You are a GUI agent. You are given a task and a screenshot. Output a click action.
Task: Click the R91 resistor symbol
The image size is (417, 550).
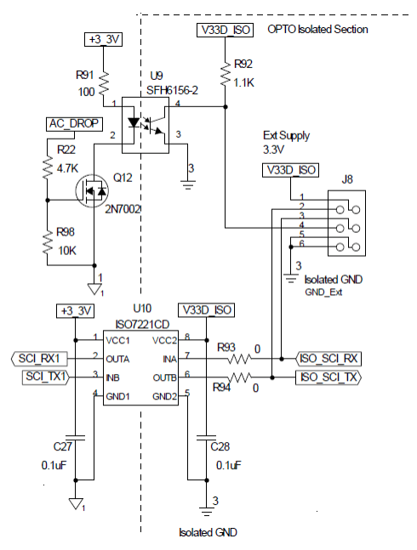pyautogui.click(x=102, y=83)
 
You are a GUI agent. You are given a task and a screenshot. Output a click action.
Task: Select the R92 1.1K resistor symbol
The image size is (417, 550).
pyautogui.click(x=226, y=74)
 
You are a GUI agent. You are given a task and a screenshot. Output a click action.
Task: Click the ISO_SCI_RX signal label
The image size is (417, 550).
pyautogui.click(x=328, y=359)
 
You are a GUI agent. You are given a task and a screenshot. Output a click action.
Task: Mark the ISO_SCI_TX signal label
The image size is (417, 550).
pyautogui.click(x=328, y=376)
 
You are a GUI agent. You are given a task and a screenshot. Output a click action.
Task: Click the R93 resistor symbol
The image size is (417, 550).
pyautogui.click(x=241, y=359)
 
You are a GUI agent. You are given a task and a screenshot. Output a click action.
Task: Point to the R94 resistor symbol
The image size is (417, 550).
pyautogui.click(x=241, y=376)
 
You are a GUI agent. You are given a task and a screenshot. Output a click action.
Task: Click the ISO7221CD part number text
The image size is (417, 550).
pyautogui.click(x=142, y=325)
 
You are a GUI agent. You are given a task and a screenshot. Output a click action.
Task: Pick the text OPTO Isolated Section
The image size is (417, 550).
pyautogui.click(x=317, y=29)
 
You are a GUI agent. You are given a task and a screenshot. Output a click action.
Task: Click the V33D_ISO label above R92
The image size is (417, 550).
pyautogui.click(x=225, y=30)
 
